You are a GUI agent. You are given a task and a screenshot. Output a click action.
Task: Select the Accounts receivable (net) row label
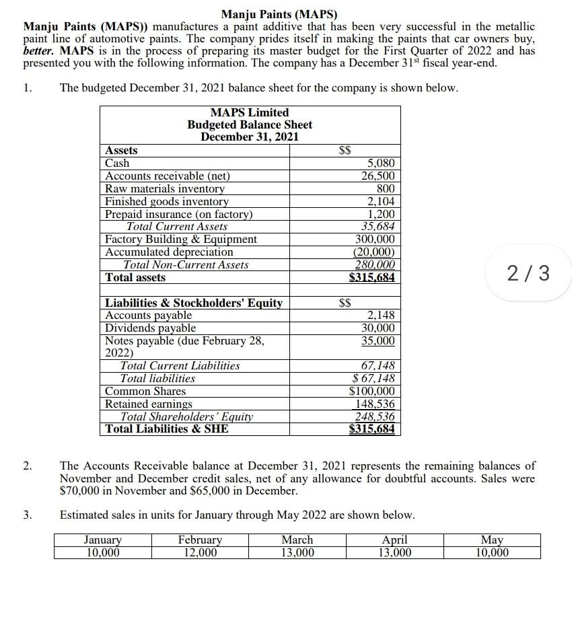(x=168, y=176)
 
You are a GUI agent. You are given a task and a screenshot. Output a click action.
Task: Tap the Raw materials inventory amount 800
(x=386, y=189)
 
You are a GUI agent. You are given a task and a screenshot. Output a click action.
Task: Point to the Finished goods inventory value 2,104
(x=381, y=202)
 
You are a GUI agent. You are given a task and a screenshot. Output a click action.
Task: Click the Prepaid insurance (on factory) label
(x=179, y=215)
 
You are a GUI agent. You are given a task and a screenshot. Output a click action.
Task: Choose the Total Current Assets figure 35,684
(x=378, y=227)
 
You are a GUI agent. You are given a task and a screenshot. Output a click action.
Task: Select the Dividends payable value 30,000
(x=378, y=328)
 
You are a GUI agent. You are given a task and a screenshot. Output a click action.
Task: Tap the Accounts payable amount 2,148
(x=381, y=316)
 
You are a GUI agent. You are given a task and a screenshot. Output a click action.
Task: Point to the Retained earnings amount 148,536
(x=375, y=404)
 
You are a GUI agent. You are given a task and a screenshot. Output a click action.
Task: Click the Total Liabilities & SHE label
(x=167, y=429)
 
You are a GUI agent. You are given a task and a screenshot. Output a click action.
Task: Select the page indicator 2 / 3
(x=528, y=273)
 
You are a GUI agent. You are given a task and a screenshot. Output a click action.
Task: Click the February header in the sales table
(x=200, y=540)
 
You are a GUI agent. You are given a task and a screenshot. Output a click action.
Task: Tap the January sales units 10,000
(x=102, y=552)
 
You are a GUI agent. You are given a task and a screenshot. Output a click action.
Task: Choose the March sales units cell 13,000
(x=297, y=552)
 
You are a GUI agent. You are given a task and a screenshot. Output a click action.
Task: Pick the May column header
(x=491, y=540)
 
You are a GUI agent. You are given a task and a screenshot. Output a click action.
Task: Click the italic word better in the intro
(x=39, y=50)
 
